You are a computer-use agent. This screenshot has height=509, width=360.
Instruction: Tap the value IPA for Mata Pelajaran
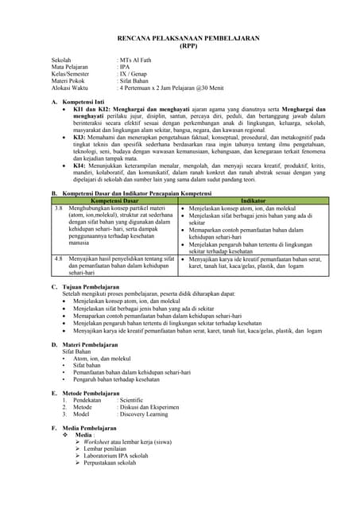tap(124, 68)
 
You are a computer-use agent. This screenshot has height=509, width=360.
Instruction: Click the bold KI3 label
tap(79, 138)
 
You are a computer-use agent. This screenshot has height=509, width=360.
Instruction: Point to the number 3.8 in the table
tap(58, 208)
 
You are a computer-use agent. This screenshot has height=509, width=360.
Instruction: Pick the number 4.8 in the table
tap(58, 259)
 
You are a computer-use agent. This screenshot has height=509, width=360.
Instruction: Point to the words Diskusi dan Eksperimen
tap(149, 407)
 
